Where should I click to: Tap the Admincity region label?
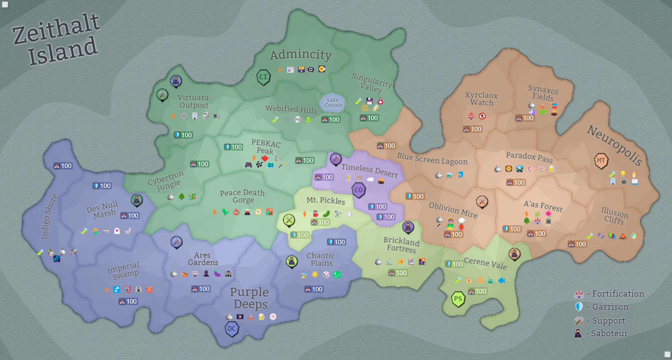301,54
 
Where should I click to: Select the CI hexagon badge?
263,77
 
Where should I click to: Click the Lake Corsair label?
333,103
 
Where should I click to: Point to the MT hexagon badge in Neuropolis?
601,161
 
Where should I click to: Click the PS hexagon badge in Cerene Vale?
458,299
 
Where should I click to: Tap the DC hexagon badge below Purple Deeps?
232,329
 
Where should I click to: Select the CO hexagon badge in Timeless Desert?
359,190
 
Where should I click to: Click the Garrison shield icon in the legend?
579,306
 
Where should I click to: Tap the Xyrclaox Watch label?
482,99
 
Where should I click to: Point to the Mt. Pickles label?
326,200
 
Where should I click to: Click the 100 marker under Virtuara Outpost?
183,135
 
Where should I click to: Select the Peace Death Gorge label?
242,196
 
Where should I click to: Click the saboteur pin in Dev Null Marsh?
137,200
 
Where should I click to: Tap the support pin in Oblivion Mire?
482,201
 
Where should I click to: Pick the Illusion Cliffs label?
614,216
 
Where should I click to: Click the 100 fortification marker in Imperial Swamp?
128,301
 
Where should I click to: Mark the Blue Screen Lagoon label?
432,159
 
